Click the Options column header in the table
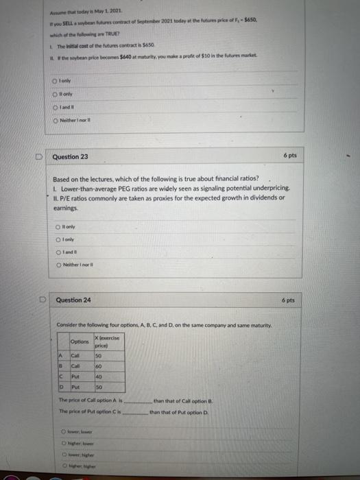point(80,341)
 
